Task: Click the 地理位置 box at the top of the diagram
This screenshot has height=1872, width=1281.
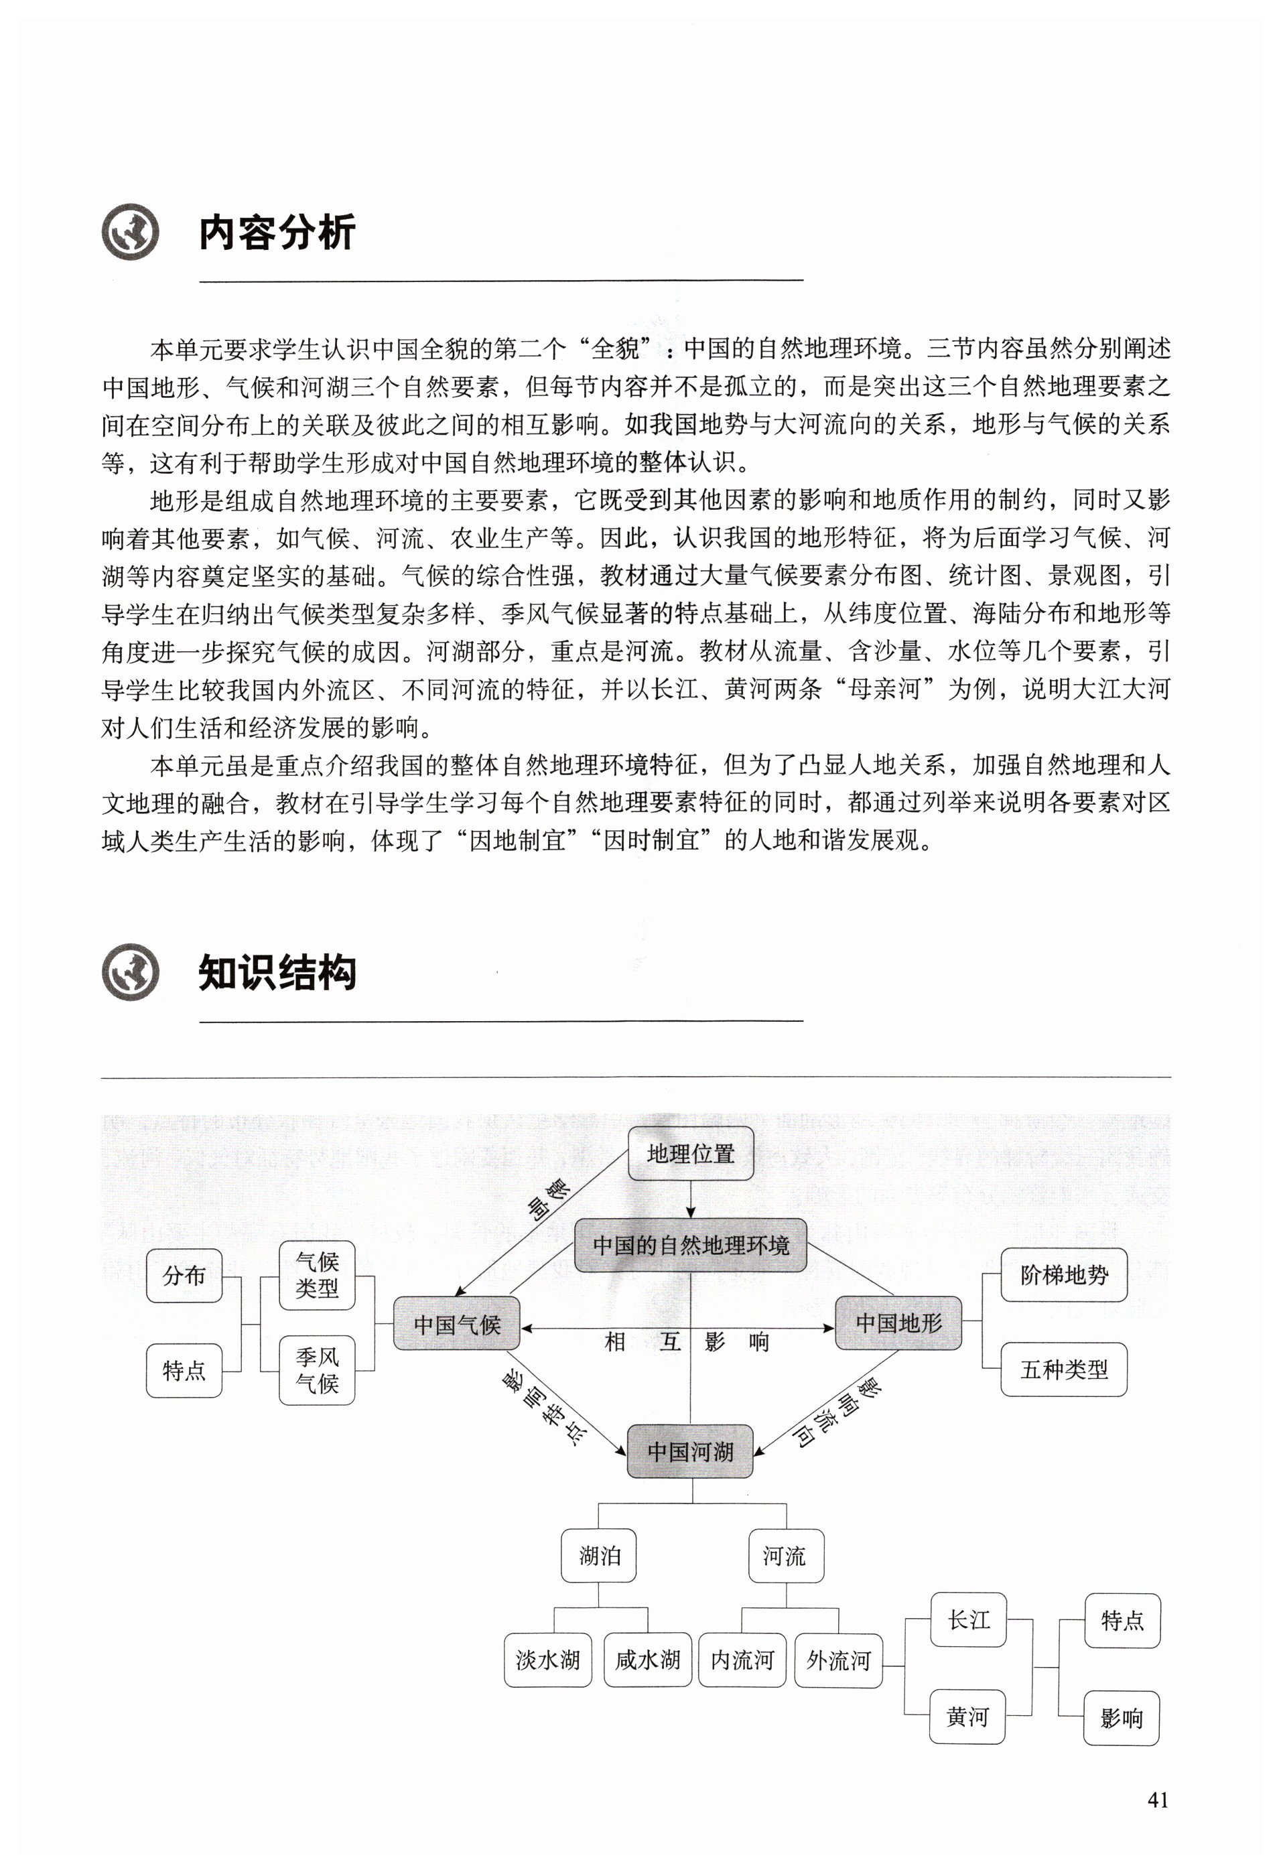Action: (691, 1154)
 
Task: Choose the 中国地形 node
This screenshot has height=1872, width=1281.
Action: (898, 1323)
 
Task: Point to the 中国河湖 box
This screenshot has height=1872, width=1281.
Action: (691, 1451)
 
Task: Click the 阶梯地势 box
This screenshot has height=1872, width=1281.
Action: (1063, 1275)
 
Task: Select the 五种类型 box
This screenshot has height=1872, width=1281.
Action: (1063, 1369)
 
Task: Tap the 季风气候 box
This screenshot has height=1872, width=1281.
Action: (317, 1370)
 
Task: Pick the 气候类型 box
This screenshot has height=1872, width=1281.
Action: (317, 1275)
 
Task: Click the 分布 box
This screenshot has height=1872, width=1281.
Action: (184, 1275)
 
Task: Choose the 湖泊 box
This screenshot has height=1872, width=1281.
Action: (598, 1556)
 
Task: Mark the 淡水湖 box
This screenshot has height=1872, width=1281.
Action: (548, 1660)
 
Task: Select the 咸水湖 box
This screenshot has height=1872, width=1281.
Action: (648, 1660)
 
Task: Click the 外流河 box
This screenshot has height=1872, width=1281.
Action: (839, 1660)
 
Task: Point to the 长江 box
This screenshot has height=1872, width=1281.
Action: (968, 1620)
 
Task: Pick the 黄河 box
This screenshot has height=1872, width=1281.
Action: (967, 1717)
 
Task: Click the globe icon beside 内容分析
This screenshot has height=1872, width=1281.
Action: (131, 232)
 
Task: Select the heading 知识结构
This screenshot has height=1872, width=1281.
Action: (277, 972)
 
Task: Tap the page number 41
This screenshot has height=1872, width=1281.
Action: (1158, 1800)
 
